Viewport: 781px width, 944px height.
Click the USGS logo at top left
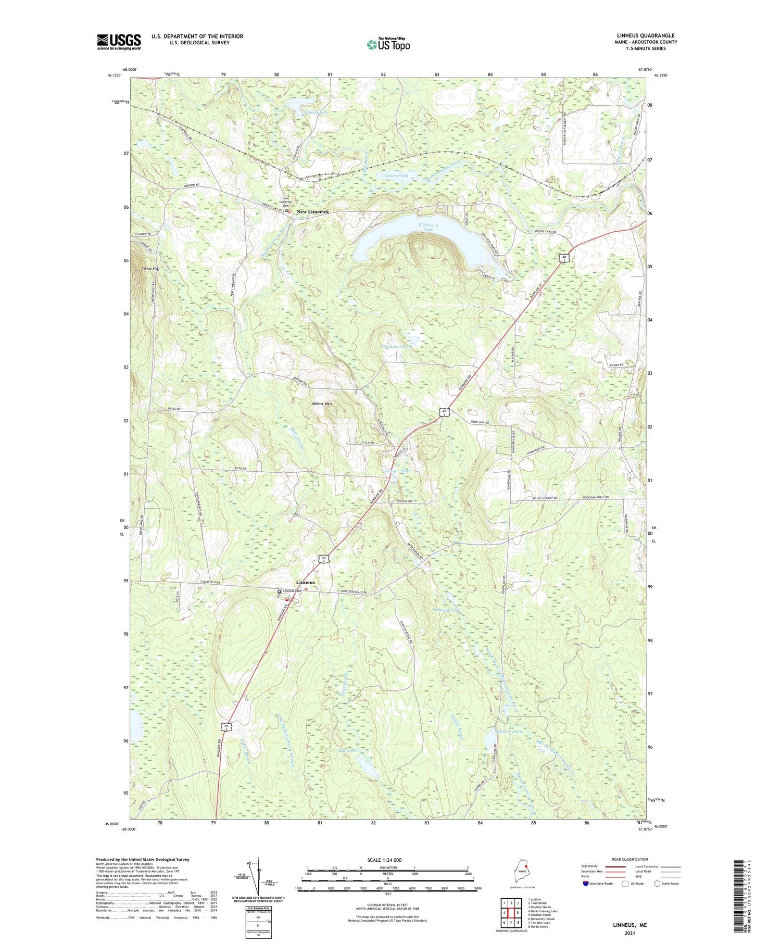pyautogui.click(x=119, y=41)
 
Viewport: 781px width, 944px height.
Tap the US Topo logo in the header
pyautogui.click(x=388, y=45)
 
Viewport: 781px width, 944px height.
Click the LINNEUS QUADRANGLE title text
pyautogui.click(x=646, y=35)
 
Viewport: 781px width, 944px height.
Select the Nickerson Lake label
pyautogui.click(x=428, y=227)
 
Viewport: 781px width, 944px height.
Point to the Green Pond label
pyautogui.click(x=396, y=176)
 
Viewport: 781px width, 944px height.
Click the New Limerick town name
pyautogui.click(x=312, y=212)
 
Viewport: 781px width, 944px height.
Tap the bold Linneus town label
pyautogui.click(x=305, y=582)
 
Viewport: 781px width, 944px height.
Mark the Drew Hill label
pyautogui.click(x=150, y=269)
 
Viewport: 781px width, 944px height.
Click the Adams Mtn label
pyautogui.click(x=321, y=404)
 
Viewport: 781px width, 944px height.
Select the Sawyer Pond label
pyautogui.click(x=397, y=471)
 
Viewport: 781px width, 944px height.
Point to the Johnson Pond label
pyautogui.click(x=446, y=610)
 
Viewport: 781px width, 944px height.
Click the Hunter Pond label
pyautogui.click(x=509, y=732)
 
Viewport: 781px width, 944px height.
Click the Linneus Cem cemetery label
pyautogui.click(x=292, y=591)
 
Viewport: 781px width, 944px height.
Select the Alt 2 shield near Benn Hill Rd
pyautogui.click(x=444, y=412)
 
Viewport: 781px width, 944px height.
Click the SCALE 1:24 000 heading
pyautogui.click(x=388, y=860)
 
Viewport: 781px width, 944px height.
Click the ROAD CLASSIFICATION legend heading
pyautogui.click(x=630, y=859)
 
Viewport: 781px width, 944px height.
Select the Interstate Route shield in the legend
pyautogui.click(x=585, y=884)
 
